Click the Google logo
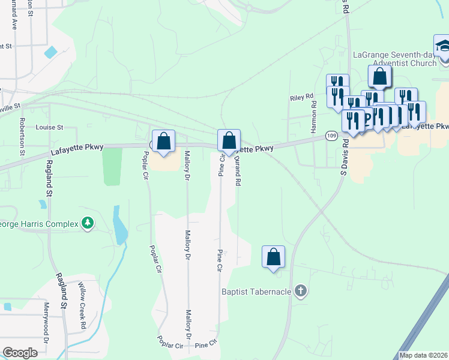[20, 353]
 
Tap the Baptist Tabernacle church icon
[301, 292]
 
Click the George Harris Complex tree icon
[88, 224]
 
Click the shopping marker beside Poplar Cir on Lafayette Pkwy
[163, 142]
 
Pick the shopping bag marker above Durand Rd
[229, 141]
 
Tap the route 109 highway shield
[331, 136]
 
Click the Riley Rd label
[302, 97]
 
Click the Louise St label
[49, 127]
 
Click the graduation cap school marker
[444, 46]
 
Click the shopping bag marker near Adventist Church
[379, 77]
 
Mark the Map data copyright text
[423, 355]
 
